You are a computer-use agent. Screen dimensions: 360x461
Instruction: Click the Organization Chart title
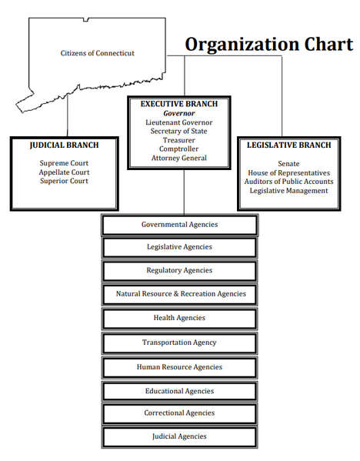[x=269, y=44]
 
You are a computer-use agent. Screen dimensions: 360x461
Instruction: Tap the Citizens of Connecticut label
[x=97, y=53]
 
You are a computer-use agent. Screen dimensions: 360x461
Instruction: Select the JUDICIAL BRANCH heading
[x=64, y=145]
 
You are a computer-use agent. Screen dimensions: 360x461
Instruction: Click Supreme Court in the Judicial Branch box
[x=64, y=163]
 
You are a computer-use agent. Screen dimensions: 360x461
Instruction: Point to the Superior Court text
[x=64, y=181]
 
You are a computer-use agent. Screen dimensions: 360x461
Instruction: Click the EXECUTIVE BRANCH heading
[x=179, y=104]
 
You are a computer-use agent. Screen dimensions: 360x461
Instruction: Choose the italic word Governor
[x=179, y=113]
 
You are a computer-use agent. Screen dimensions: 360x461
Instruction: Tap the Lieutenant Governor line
[x=179, y=122]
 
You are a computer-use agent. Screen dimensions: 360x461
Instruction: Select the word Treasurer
[x=179, y=140]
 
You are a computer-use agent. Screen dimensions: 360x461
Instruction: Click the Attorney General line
[x=179, y=158]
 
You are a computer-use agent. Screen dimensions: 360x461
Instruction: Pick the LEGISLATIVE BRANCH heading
[x=289, y=145]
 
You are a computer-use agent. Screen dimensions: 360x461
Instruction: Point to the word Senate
[x=289, y=164]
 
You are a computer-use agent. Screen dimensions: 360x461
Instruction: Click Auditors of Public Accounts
[x=289, y=182]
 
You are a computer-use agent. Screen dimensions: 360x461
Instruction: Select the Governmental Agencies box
[x=179, y=225]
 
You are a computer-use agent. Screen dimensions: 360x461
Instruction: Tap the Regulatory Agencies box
[x=179, y=270]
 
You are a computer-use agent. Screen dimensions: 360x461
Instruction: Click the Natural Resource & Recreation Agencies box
[x=179, y=294]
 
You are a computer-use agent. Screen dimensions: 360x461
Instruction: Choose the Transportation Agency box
[x=179, y=342]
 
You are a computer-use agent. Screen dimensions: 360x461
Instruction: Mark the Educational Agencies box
[x=179, y=391]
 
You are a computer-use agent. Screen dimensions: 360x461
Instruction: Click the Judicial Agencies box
[x=179, y=436]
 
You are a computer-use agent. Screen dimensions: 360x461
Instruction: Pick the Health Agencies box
[x=179, y=319]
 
